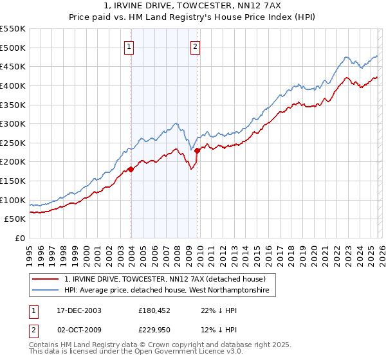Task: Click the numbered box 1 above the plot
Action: coord(129,46)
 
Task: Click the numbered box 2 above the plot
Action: coord(194,46)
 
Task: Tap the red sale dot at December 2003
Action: coord(131,169)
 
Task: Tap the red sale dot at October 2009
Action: coord(197,150)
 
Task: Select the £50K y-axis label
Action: coord(15,219)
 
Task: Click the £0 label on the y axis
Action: coord(20,239)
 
